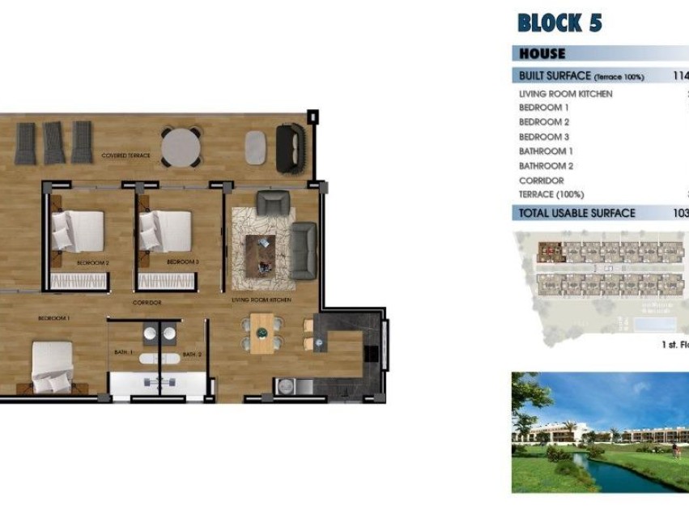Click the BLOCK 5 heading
559,23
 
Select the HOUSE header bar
542,53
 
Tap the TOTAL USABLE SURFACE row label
577,214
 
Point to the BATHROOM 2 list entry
547,166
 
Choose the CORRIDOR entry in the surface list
542,181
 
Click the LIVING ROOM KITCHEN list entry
565,94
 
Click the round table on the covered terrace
181,147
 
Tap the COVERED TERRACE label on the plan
126,155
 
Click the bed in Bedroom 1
53,366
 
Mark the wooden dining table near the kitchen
262,333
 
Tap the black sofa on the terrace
289,147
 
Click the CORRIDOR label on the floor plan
147,303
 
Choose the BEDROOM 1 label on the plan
54,318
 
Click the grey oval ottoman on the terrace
255,147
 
